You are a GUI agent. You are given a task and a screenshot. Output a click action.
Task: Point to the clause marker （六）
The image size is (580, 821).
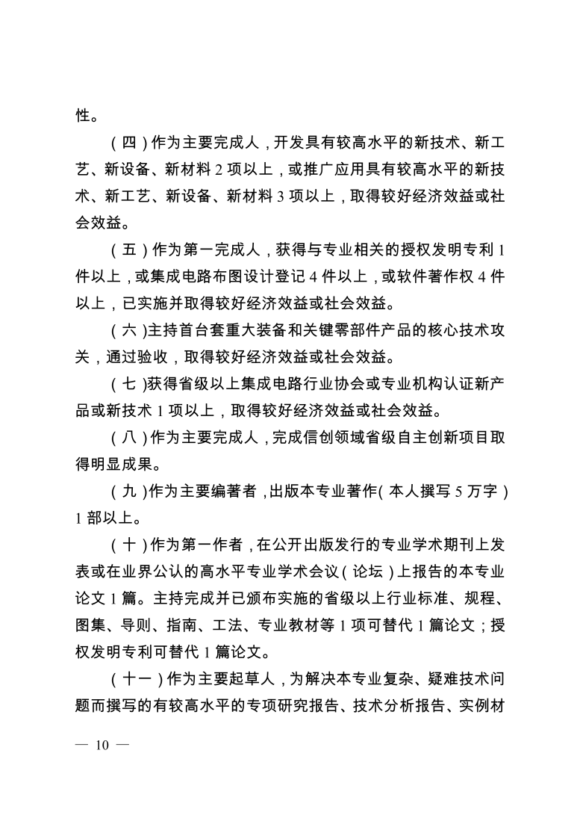128,330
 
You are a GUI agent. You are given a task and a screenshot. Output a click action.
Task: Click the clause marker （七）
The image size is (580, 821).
128,384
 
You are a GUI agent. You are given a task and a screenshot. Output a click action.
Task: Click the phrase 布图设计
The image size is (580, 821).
227,276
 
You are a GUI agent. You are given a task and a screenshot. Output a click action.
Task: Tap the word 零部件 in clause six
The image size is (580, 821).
325,330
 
